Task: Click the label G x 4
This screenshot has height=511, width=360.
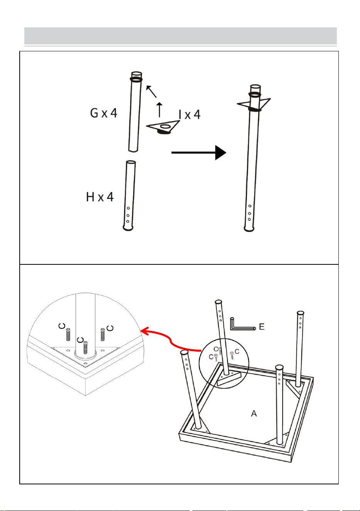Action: (103, 113)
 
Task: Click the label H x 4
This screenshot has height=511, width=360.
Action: (100, 197)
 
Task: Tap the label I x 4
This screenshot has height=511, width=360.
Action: (189, 115)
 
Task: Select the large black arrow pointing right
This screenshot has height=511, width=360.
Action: (199, 152)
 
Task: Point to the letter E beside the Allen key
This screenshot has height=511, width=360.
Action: (262, 327)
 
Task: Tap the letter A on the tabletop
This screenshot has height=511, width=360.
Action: (254, 413)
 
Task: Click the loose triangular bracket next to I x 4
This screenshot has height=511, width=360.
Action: (163, 127)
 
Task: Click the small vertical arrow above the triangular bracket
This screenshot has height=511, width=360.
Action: (159, 110)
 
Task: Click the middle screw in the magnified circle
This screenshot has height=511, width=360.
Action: (86, 347)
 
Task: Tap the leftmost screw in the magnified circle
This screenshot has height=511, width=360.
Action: (68, 335)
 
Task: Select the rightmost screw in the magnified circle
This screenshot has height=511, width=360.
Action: (103, 335)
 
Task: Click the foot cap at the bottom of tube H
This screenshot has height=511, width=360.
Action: (128, 228)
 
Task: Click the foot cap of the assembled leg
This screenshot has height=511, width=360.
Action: (249, 228)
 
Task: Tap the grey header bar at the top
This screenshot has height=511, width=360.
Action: (181, 36)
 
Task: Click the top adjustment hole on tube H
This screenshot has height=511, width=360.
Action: (128, 208)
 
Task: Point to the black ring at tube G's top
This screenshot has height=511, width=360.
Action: (136, 80)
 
